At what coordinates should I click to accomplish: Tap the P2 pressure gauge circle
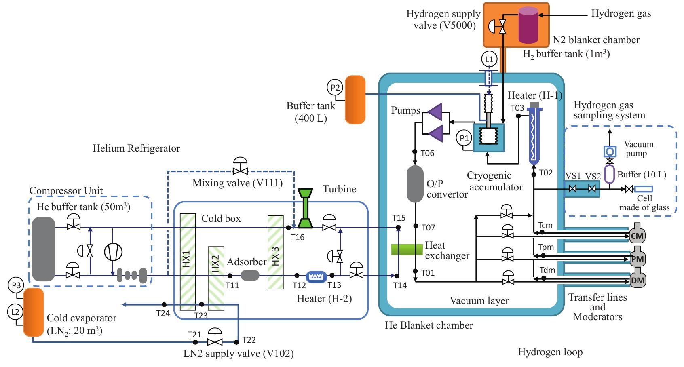pos(335,87)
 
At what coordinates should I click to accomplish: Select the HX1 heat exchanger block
pos(188,262)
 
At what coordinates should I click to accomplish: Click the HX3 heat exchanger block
pos(275,252)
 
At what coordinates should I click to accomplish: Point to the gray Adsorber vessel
pos(250,275)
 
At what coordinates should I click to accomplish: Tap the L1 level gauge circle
pos(489,59)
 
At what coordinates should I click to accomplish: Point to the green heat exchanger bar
pos(407,249)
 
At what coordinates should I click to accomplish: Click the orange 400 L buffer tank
pos(355,99)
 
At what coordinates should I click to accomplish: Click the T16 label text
pos(298,237)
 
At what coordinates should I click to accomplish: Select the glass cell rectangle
pos(643,189)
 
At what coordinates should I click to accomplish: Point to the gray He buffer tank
pos(43,249)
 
